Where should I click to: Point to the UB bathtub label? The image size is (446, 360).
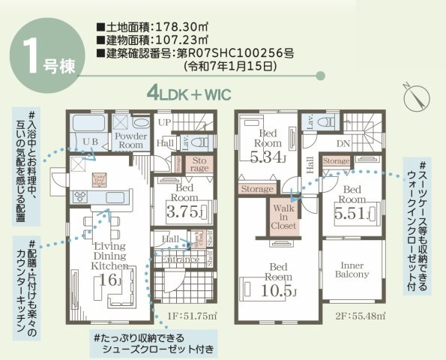pyautogui.click(x=91, y=141)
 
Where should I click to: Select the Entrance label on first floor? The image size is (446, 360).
pyautogui.click(x=179, y=260)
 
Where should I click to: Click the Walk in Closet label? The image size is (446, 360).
pyautogui.click(x=284, y=217)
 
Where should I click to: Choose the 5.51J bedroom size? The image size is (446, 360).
pyautogui.click(x=349, y=212)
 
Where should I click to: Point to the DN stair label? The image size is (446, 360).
pyautogui.click(x=344, y=143)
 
